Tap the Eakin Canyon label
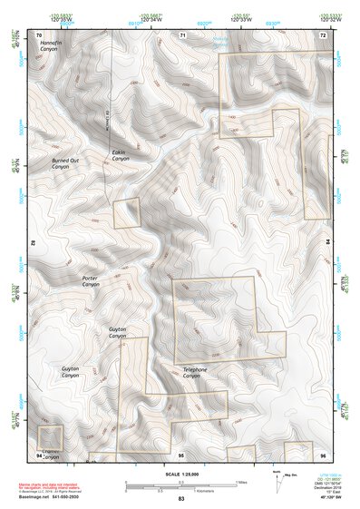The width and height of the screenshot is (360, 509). pyautogui.click(x=122, y=155)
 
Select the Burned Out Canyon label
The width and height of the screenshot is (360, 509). pyautogui.click(x=64, y=163)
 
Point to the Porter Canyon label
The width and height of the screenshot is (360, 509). pyautogui.click(x=91, y=281)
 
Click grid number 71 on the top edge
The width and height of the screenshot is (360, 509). pyautogui.click(x=182, y=34)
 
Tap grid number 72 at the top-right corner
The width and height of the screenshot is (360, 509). pyautogui.click(x=322, y=34)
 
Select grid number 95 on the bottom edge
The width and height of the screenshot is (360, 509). pyautogui.click(x=180, y=454)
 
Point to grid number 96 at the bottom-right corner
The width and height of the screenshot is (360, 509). pyautogui.click(x=322, y=454)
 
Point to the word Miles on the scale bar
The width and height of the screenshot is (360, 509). pyautogui.click(x=239, y=482)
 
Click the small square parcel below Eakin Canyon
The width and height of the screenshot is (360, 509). pyautogui.click(x=127, y=213)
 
